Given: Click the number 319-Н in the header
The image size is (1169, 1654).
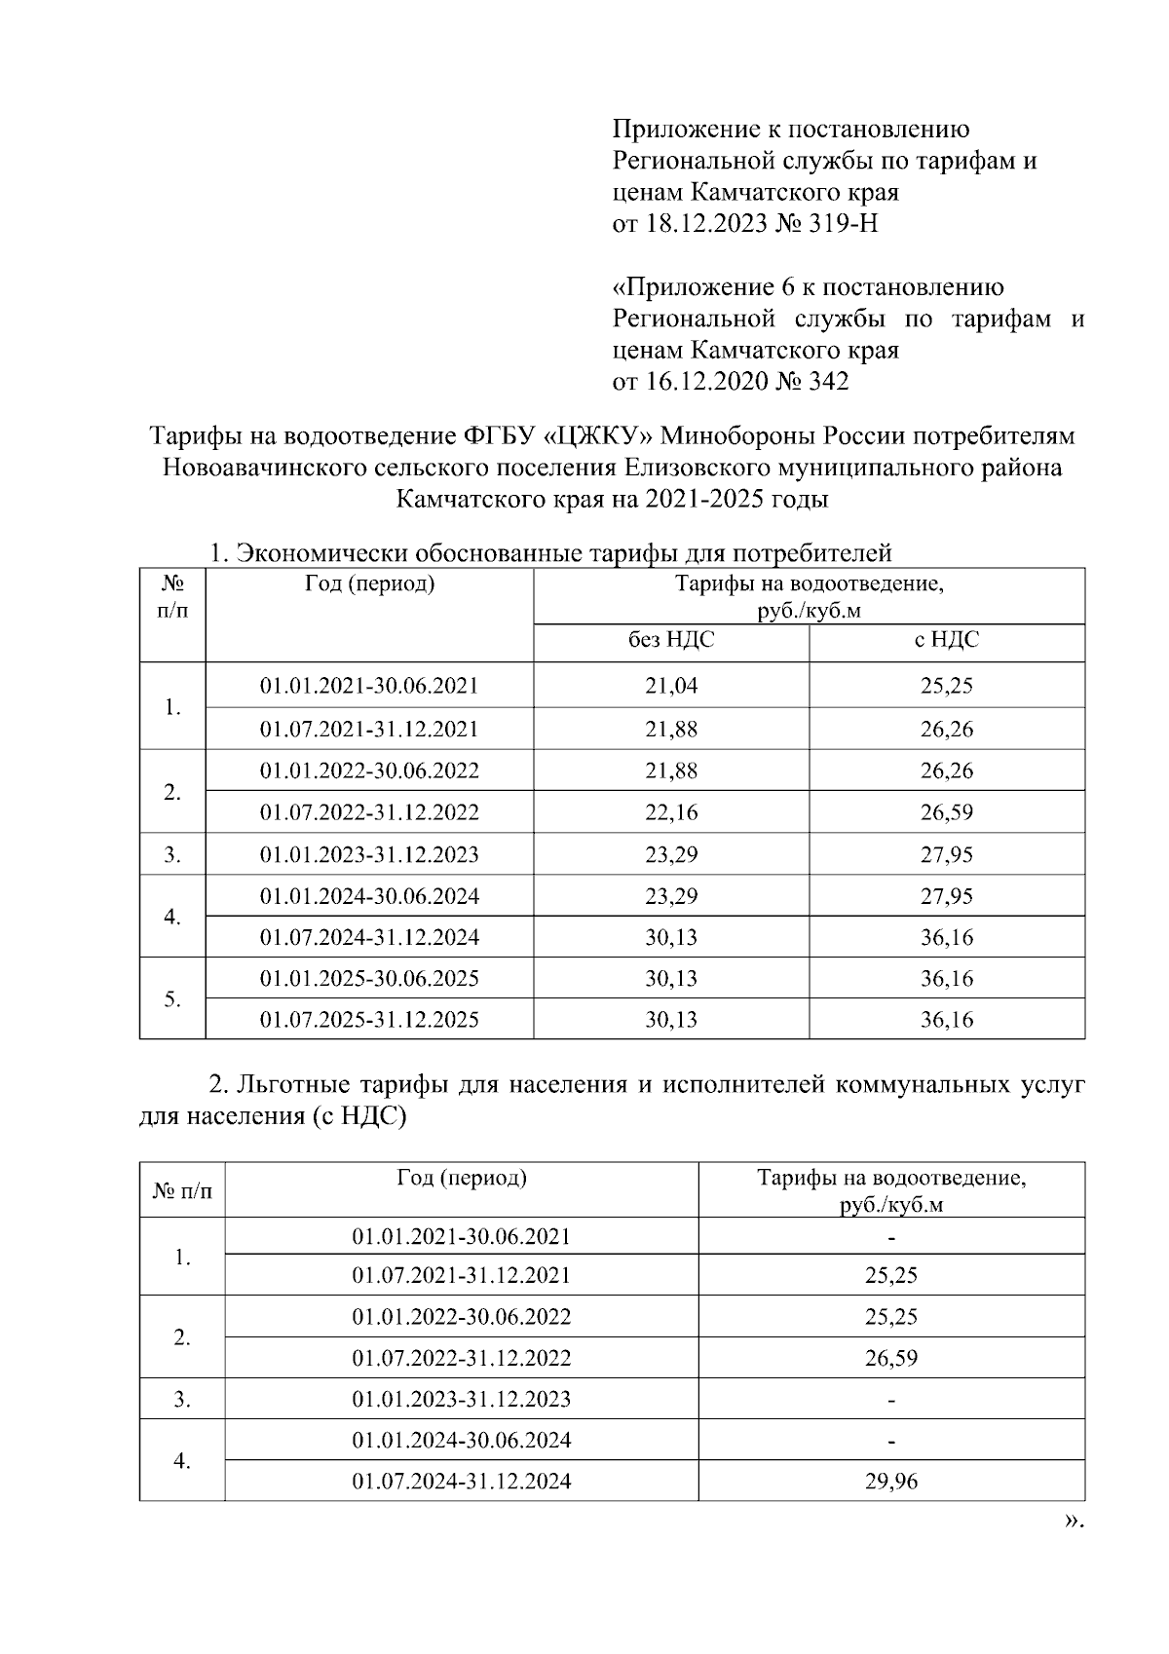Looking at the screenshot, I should (843, 224).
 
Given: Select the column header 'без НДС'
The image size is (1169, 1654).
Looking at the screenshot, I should (671, 640).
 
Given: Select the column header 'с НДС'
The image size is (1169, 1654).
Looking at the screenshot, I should (947, 640).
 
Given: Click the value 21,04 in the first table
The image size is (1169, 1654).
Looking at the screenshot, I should (671, 686).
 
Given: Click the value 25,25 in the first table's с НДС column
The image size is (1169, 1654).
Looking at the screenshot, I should (947, 686).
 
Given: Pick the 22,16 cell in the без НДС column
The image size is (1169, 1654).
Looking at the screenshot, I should (671, 812).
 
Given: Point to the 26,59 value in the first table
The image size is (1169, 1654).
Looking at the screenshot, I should (947, 812).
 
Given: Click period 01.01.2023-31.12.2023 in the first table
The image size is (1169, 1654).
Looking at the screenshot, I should (369, 855).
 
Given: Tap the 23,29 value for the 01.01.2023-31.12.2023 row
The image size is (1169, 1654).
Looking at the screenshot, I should (671, 855).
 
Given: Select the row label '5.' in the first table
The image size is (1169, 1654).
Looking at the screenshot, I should (172, 999).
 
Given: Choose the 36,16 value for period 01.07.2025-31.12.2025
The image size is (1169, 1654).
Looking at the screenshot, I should (947, 1020).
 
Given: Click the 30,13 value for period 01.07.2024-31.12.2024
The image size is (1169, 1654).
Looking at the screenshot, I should (671, 938).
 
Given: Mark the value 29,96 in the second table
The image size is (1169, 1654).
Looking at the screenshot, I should (891, 1483).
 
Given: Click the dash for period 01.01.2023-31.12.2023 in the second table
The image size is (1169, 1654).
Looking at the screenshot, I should (891, 1401).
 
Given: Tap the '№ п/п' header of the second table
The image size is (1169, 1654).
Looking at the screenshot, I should (182, 1191).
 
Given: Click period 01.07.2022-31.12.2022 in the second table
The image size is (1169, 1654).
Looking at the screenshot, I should (462, 1358).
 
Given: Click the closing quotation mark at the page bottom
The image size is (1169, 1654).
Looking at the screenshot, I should (1072, 1521).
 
